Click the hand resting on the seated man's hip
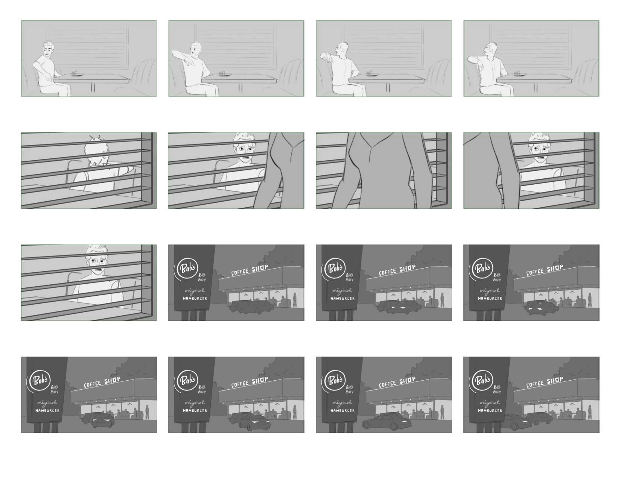[50, 78]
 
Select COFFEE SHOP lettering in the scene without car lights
[249, 270]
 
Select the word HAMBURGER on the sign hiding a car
[490, 410]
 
